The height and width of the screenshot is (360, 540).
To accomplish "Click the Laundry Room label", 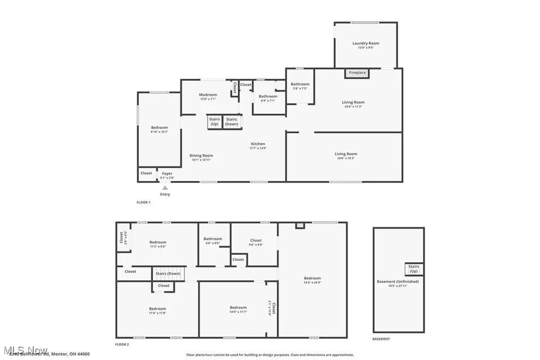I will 366,43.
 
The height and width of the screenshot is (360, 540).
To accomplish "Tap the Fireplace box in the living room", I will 357,73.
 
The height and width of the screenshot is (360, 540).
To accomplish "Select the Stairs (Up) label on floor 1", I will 214,121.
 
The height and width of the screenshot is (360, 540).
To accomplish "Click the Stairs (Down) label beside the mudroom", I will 231,121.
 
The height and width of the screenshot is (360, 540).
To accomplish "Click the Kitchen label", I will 258,144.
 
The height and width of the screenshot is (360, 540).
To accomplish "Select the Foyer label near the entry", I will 167,173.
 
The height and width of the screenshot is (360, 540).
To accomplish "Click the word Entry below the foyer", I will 165,195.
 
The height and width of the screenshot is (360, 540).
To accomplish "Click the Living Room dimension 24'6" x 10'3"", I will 346,158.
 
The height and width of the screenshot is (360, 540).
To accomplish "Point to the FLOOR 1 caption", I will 143,202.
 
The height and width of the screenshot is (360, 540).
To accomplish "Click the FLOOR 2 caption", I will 122,344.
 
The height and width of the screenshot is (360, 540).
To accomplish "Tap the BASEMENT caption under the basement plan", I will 381,339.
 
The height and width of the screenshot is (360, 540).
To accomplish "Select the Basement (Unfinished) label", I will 398,281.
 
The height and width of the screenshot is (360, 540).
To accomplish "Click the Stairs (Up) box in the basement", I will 413,268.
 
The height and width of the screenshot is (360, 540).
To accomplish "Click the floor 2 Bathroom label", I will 213,239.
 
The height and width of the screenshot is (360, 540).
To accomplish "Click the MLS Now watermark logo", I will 24,349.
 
